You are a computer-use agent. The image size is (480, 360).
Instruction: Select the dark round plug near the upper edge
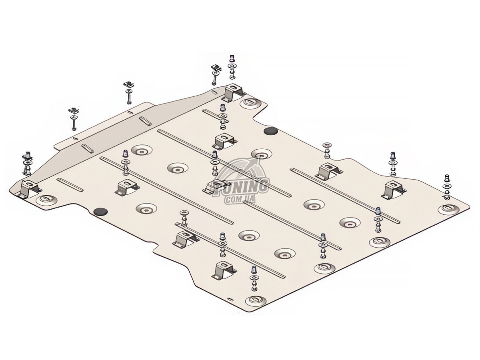point(271,131)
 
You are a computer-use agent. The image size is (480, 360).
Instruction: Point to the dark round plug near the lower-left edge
point(101,211)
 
